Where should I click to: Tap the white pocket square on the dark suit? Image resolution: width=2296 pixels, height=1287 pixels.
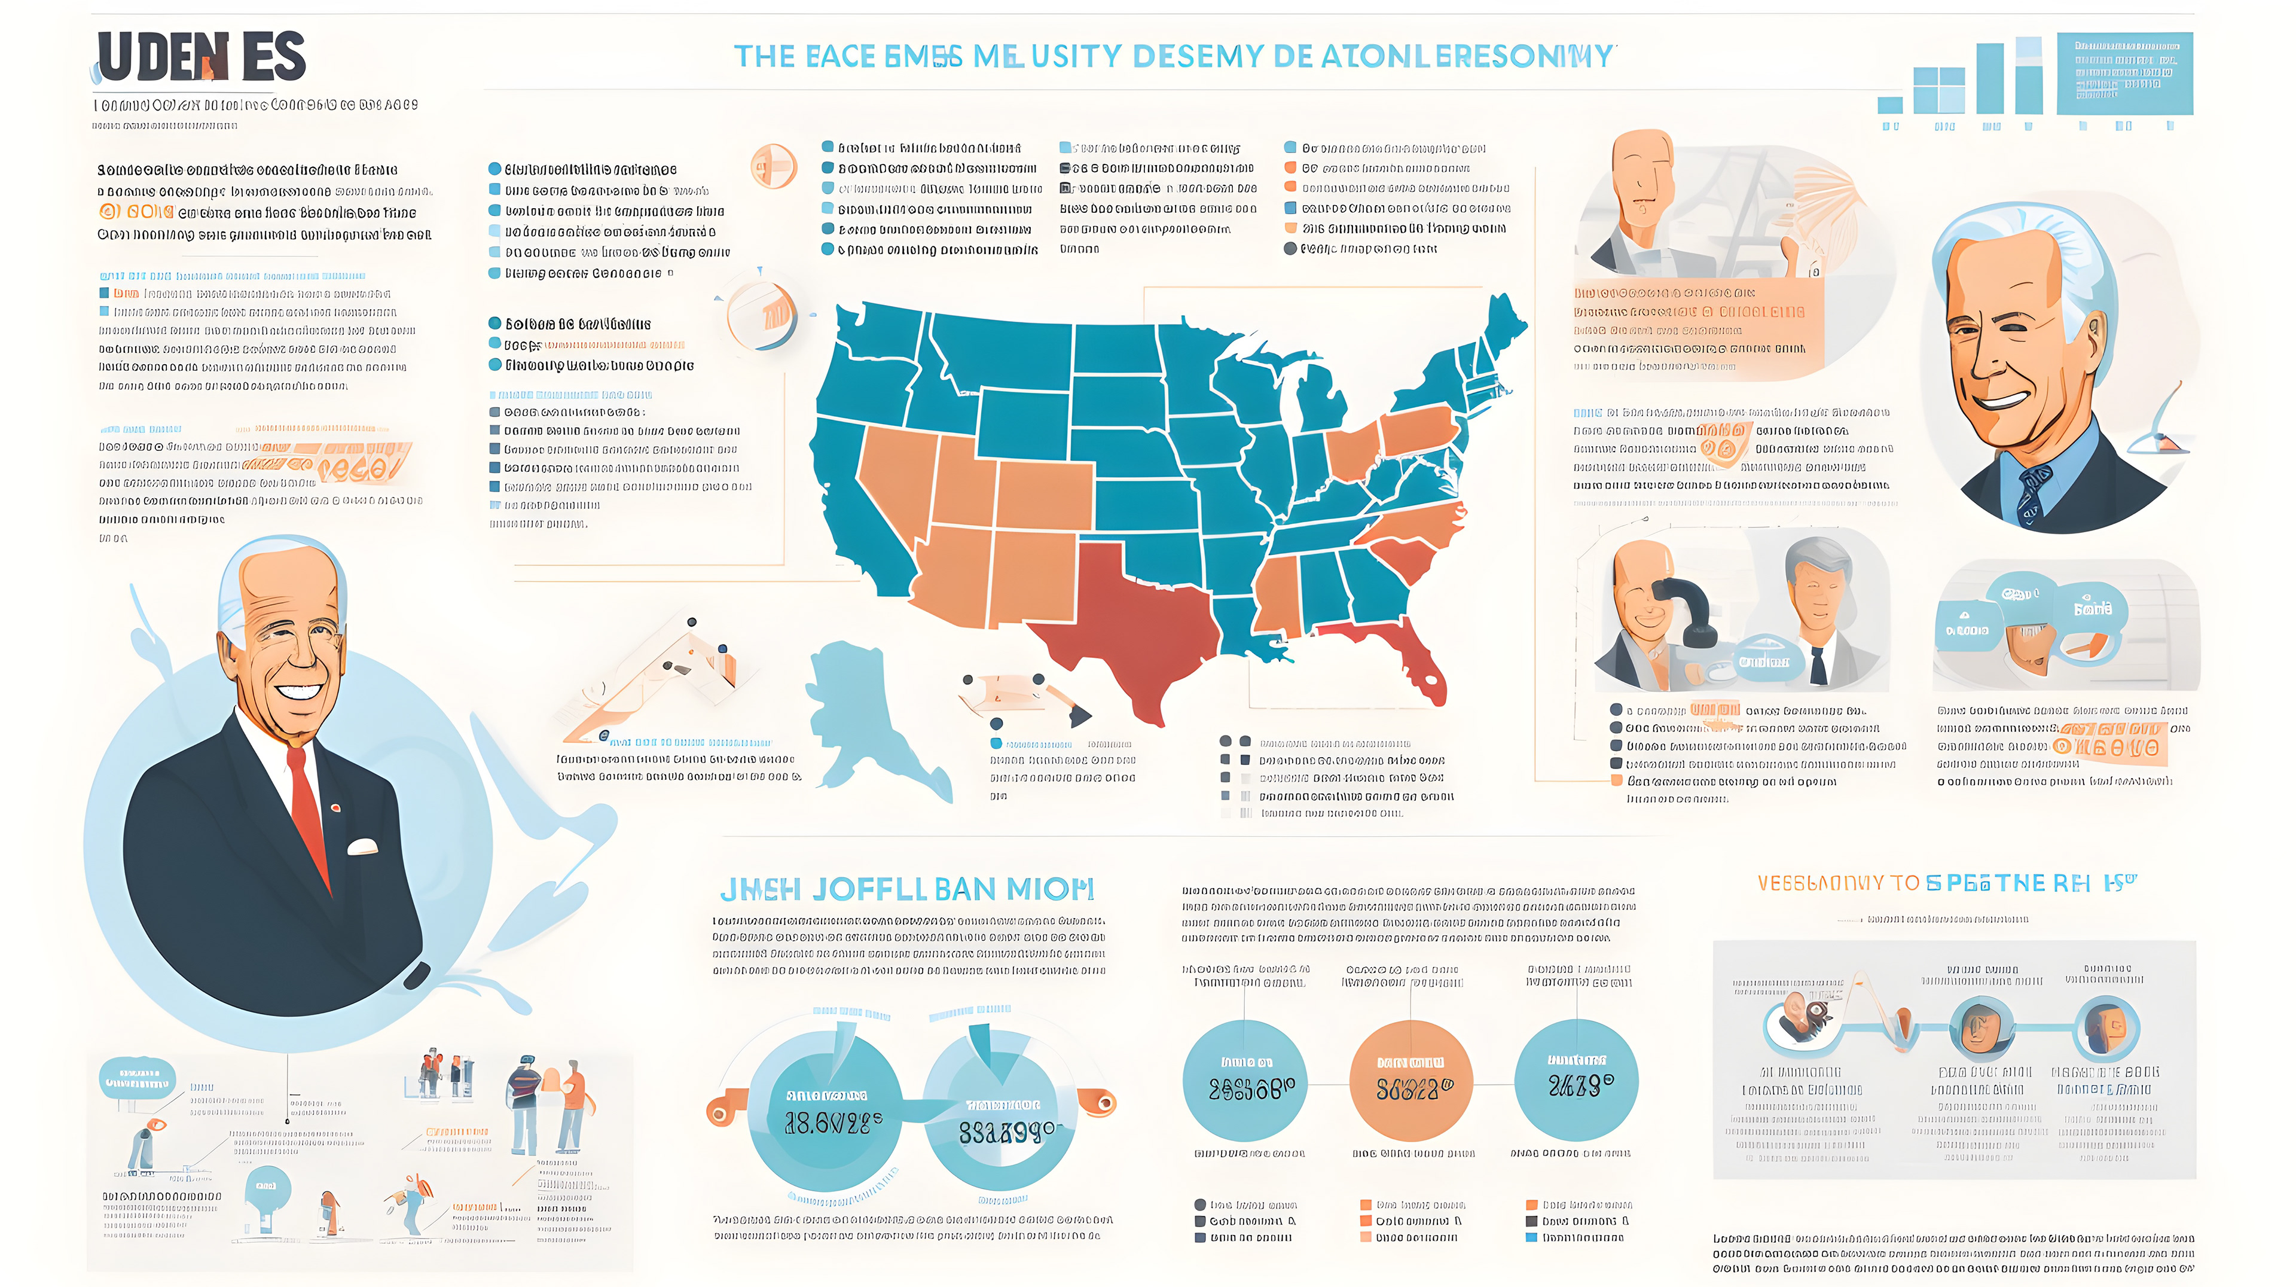pyautogui.click(x=362, y=847)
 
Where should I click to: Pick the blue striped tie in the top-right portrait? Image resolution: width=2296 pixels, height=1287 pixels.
pyautogui.click(x=2032, y=495)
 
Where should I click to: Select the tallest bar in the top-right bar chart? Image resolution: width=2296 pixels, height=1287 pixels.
pyautogui.click(x=2029, y=76)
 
